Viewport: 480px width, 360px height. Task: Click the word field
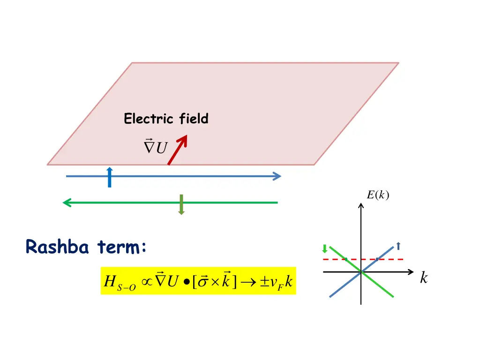point(194,120)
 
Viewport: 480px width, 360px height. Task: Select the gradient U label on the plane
point(155,147)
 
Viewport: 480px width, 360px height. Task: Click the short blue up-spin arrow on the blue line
point(109,177)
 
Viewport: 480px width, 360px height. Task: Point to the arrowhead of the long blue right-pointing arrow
point(277,176)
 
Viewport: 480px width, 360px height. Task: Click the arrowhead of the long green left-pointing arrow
point(67,202)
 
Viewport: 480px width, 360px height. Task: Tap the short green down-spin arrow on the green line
point(181,204)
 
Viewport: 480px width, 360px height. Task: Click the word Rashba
point(57,247)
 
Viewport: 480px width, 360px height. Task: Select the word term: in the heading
point(122,247)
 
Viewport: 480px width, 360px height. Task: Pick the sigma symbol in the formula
point(203,282)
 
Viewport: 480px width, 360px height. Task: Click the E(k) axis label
point(377,195)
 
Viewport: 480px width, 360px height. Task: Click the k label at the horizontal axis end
point(424,278)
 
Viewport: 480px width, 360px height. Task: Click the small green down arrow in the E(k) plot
point(324,248)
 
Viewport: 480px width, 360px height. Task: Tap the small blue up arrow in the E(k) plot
point(398,245)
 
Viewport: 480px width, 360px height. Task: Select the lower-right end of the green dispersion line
point(392,296)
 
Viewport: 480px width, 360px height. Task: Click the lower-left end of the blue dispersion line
point(331,296)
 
